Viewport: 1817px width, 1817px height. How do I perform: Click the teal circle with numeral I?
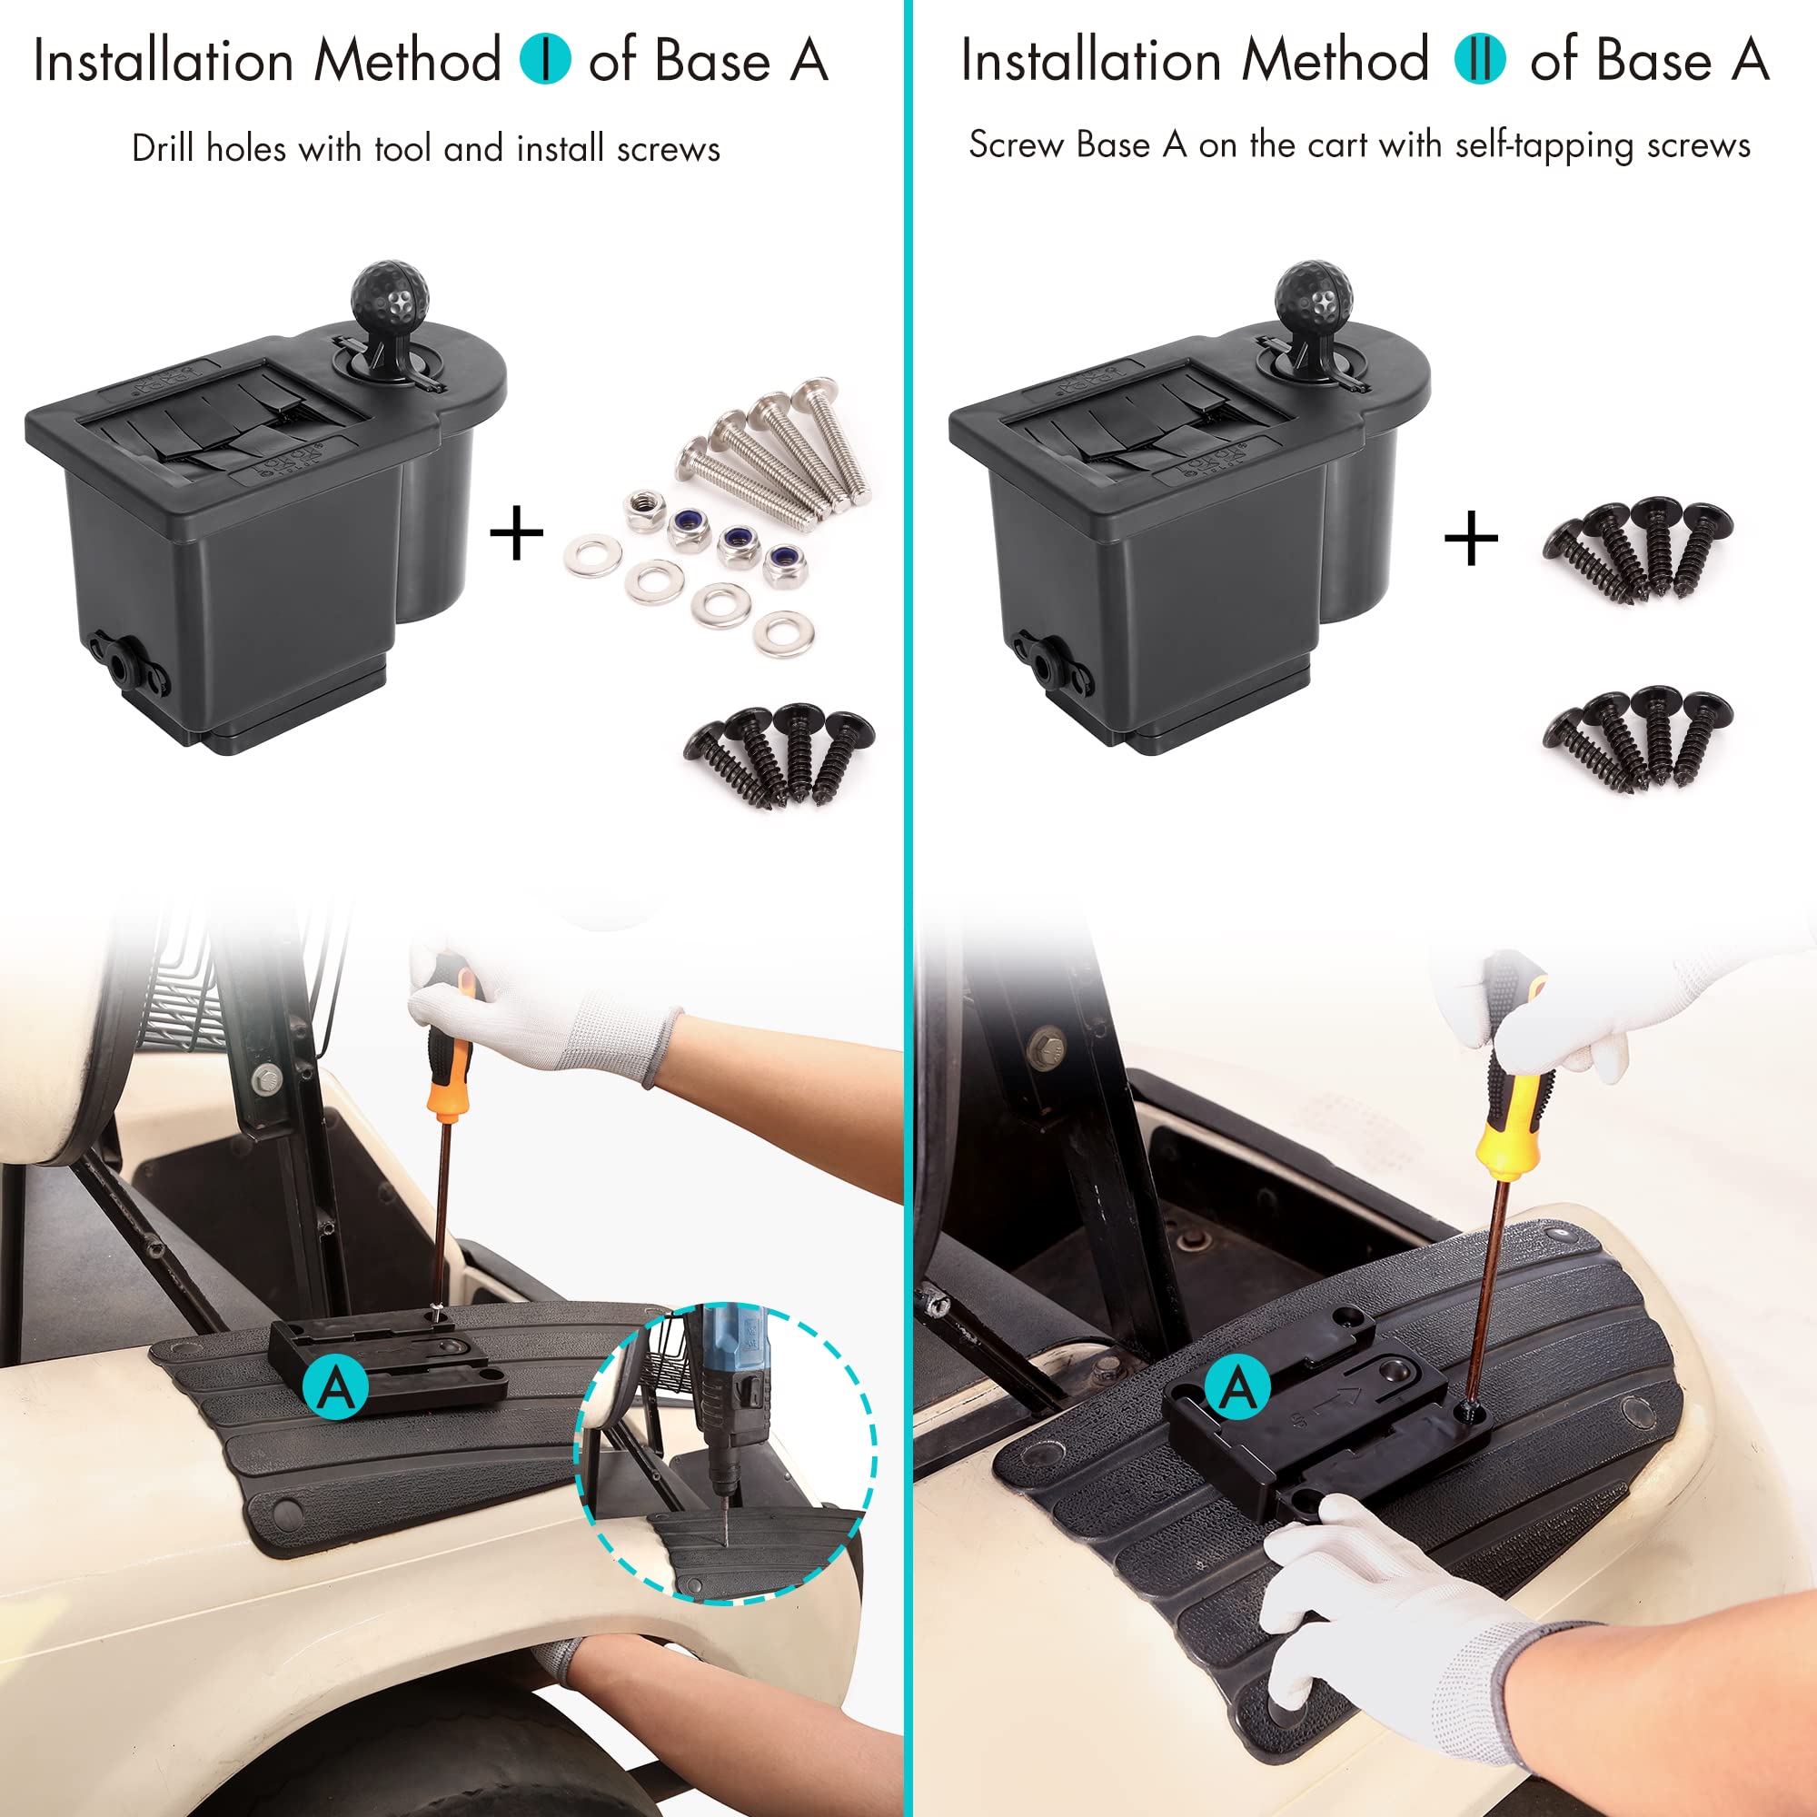(545, 58)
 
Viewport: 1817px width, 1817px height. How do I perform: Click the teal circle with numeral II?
(1479, 58)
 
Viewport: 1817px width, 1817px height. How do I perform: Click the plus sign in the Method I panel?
(516, 533)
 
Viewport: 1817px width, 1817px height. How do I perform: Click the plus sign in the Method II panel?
(1470, 539)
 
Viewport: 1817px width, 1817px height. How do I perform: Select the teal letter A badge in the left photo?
(336, 1386)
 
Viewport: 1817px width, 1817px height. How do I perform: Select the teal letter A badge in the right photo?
(1236, 1386)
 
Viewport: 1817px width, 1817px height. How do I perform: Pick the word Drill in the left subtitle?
(164, 148)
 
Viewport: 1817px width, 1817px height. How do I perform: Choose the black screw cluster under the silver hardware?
(779, 754)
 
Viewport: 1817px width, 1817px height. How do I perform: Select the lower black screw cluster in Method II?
(1637, 738)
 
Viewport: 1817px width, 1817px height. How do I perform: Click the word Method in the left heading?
(407, 60)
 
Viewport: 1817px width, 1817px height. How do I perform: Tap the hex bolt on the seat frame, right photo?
(1048, 1044)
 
